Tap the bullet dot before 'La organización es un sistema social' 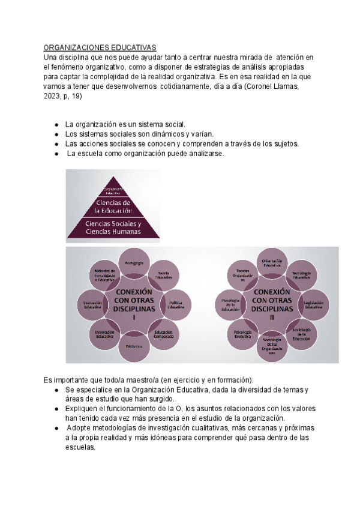[x=56, y=124]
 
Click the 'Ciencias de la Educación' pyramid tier [x=113, y=206]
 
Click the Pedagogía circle [x=134, y=265]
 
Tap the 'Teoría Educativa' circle [x=164, y=276]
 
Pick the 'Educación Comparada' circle [x=164, y=334]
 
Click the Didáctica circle [x=134, y=347]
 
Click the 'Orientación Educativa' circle [x=272, y=263]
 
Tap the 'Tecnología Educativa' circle [x=301, y=275]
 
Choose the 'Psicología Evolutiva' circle [x=243, y=334]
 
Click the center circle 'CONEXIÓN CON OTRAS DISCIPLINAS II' [x=271, y=304]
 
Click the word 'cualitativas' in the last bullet [x=226, y=428]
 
